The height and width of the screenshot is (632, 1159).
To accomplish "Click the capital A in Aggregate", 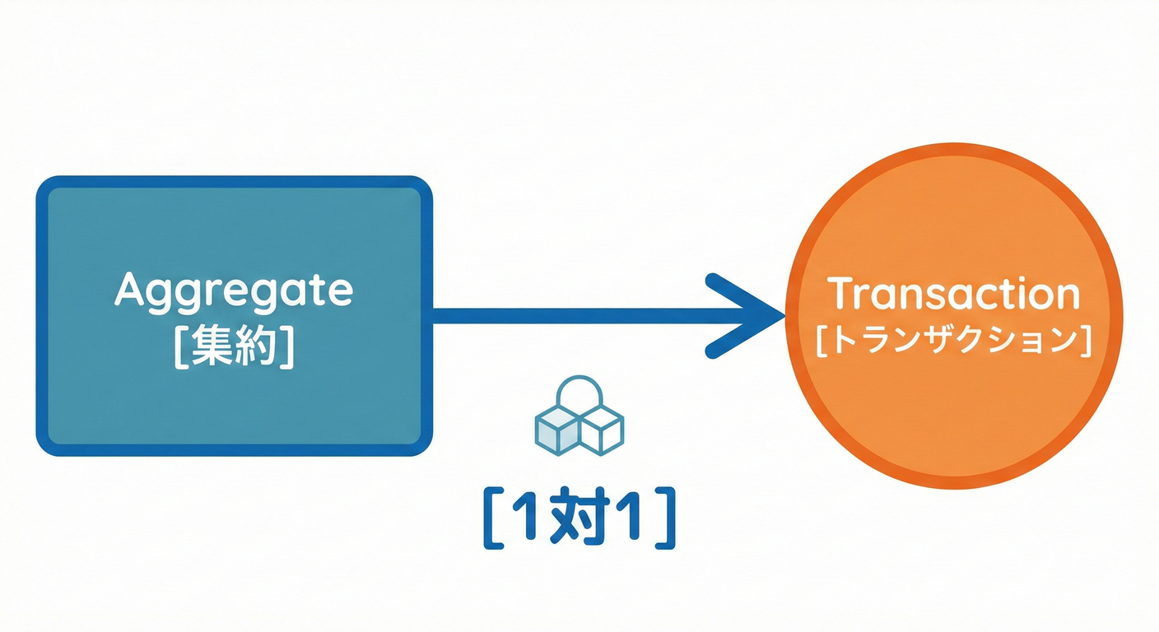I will [132, 289].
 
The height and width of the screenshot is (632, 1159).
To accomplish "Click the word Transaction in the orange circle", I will [952, 295].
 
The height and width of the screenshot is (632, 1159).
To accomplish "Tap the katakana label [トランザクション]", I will [953, 341].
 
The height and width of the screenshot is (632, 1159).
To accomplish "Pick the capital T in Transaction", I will [840, 294].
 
